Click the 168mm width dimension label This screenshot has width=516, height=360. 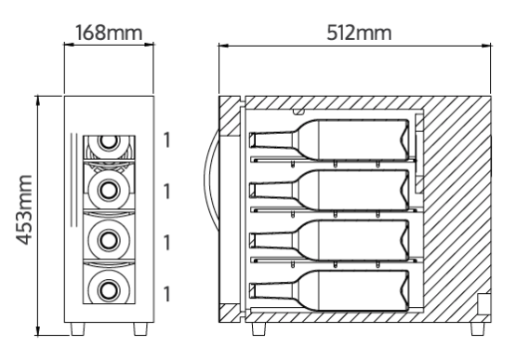109,33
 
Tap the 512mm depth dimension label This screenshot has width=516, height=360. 359,33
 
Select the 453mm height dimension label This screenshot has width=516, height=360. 24,210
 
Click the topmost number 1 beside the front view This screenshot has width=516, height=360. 167,140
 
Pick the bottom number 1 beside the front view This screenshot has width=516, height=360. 167,294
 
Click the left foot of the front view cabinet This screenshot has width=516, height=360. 78,328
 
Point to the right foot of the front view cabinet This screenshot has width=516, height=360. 140,328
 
